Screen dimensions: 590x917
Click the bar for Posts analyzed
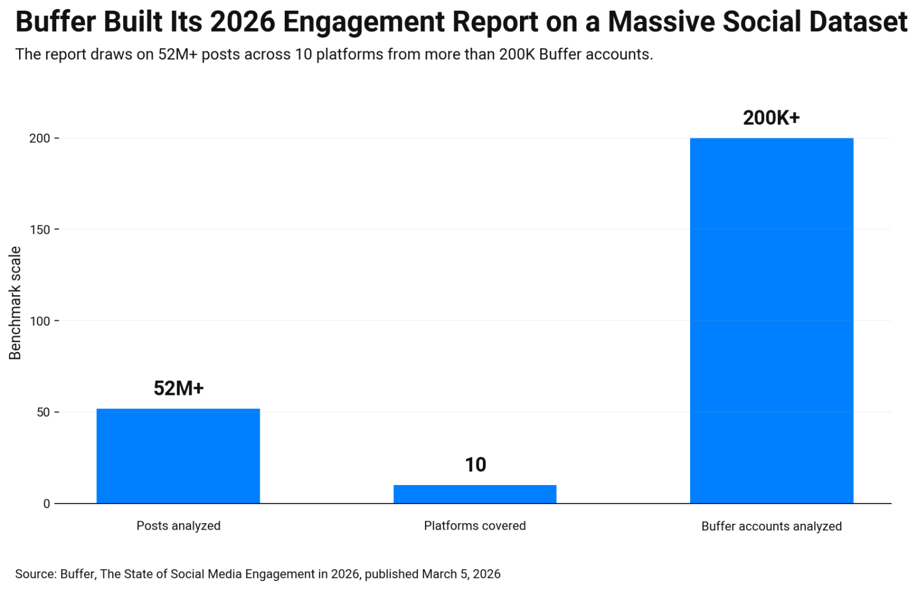click(x=178, y=456)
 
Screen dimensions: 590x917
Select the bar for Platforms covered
click(x=475, y=494)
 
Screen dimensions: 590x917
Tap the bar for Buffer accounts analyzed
click(x=771, y=320)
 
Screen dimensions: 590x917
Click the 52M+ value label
click(x=179, y=388)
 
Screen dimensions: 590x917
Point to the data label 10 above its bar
click(x=475, y=465)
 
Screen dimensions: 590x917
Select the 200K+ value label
click(x=771, y=118)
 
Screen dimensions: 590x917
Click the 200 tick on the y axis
click(x=40, y=138)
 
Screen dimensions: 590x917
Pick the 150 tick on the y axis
click(x=40, y=230)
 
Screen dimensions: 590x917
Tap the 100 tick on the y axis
click(x=40, y=321)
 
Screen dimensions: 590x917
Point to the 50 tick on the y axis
click(x=44, y=412)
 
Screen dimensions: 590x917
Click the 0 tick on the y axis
click(x=47, y=504)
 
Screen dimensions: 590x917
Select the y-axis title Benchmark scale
click(x=15, y=303)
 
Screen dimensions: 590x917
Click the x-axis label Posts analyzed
click(x=179, y=526)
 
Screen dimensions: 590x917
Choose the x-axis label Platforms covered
click(x=475, y=526)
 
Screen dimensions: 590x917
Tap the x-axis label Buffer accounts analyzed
click(x=771, y=526)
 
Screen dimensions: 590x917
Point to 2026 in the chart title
click(x=242, y=22)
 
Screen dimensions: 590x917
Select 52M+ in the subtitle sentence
click(x=177, y=54)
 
